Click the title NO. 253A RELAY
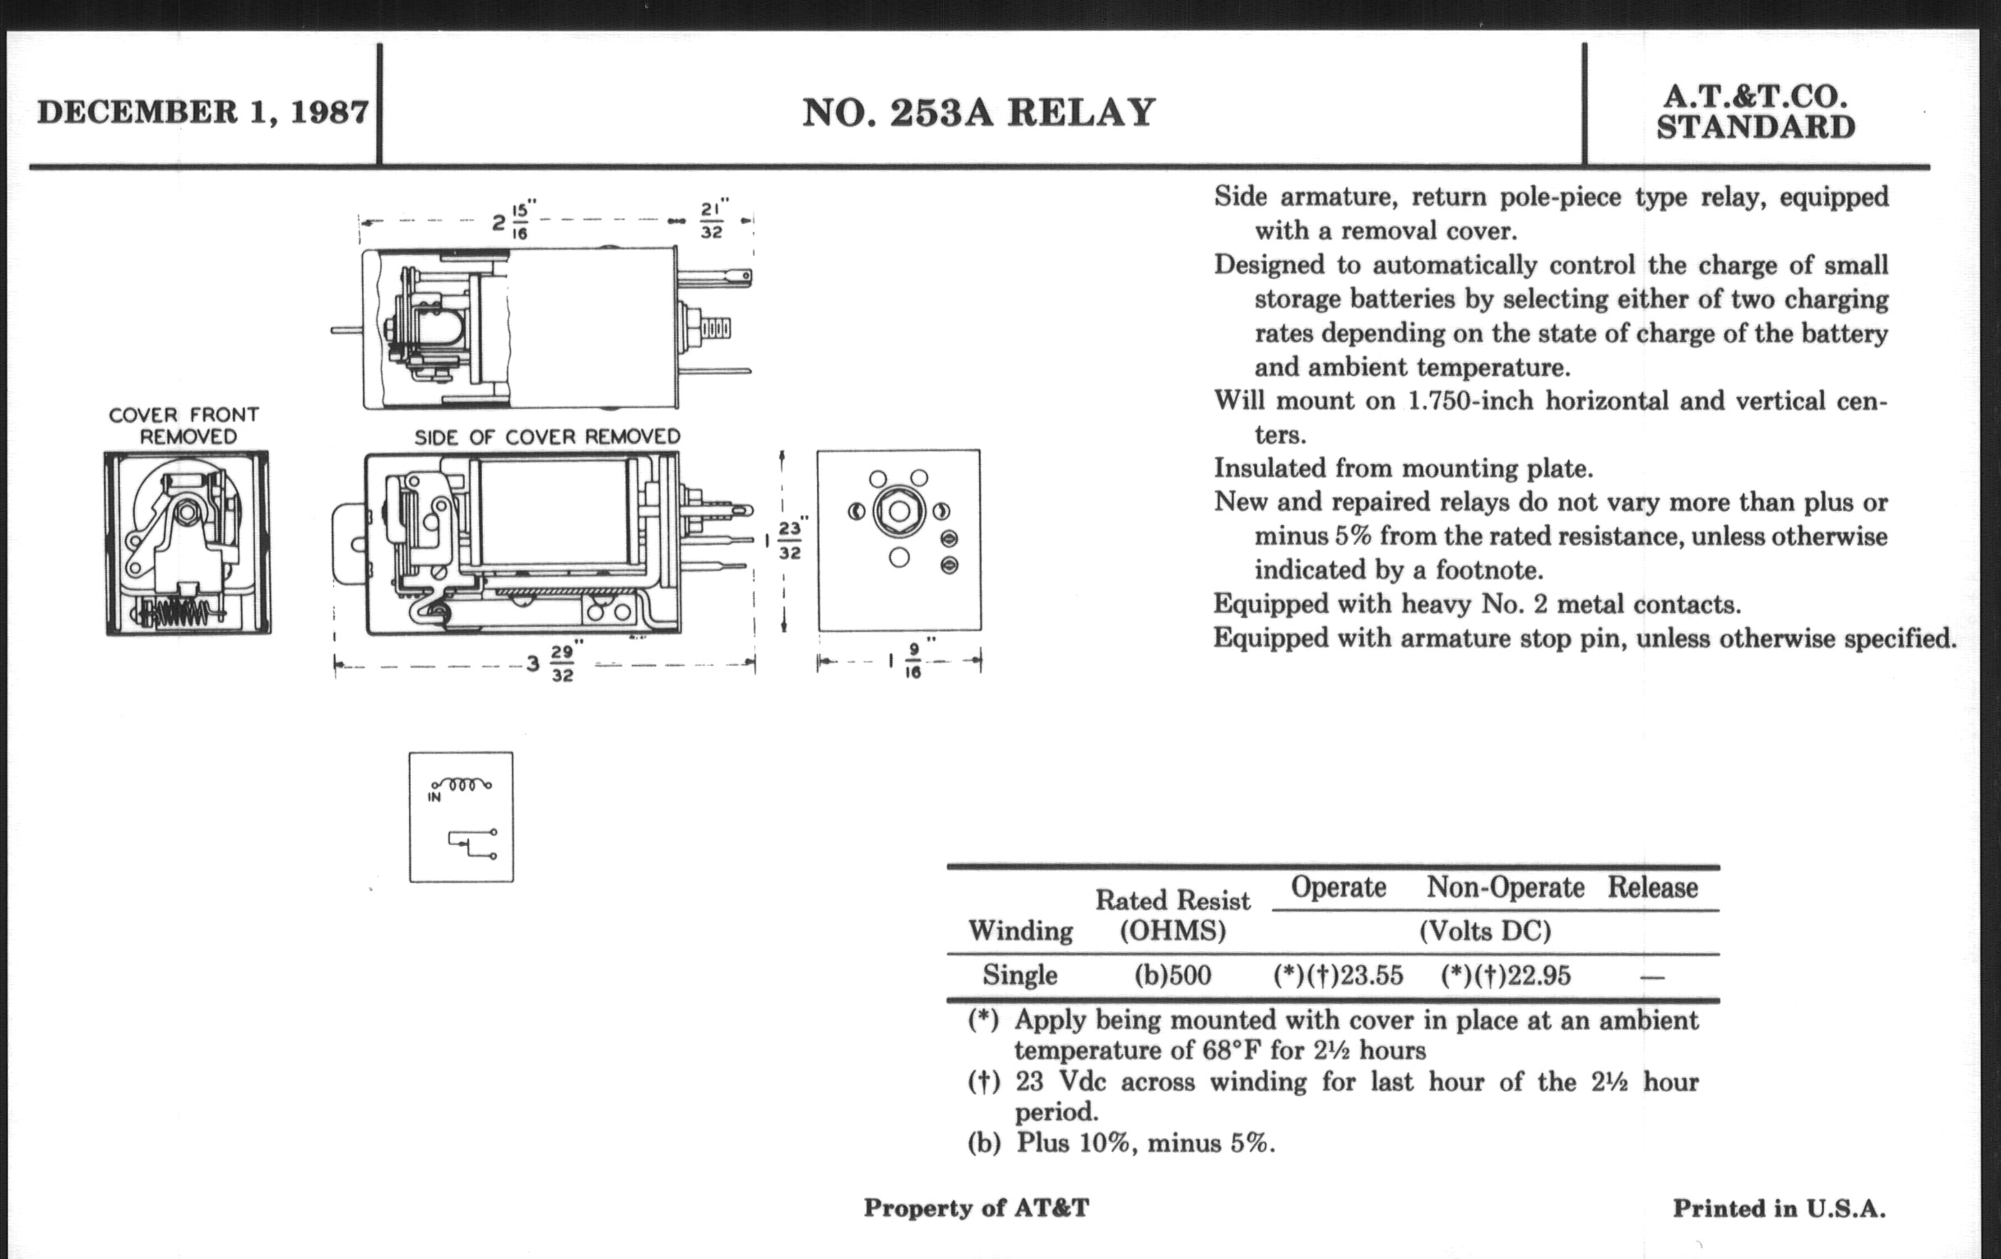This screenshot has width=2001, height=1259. click(978, 113)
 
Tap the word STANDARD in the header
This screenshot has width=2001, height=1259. click(1755, 128)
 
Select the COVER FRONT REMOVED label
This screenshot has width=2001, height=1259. click(183, 425)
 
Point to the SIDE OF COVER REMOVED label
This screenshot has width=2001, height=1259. click(547, 437)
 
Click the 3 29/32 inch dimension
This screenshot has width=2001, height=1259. click(553, 663)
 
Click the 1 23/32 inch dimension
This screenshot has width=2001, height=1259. click(785, 540)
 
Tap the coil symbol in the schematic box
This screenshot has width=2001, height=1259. click(462, 783)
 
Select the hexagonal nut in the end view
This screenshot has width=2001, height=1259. click(898, 511)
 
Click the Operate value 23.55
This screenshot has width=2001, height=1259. click(1338, 976)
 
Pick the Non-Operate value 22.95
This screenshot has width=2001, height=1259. click(1506, 976)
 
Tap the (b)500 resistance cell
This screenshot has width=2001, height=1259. click(1172, 976)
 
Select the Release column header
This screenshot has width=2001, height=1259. click(1652, 888)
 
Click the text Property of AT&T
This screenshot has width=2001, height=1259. click(976, 1208)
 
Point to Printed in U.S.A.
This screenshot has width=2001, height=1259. click(1778, 1208)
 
